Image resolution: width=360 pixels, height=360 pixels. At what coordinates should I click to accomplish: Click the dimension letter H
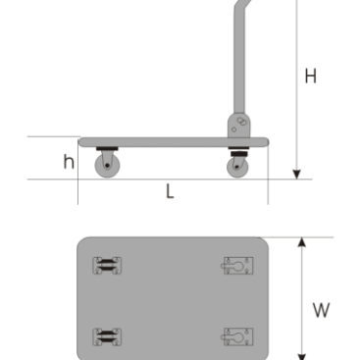pyautogui.click(x=310, y=76)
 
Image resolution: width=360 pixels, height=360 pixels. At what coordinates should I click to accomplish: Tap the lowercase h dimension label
pyautogui.click(x=69, y=162)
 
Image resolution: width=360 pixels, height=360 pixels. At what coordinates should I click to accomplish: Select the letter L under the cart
pyautogui.click(x=170, y=191)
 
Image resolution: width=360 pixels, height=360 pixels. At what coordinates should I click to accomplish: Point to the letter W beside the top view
pyautogui.click(x=321, y=310)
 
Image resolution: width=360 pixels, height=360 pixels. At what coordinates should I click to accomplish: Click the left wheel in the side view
pyautogui.click(x=107, y=166)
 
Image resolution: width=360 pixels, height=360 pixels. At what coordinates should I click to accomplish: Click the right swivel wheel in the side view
pyautogui.click(x=237, y=167)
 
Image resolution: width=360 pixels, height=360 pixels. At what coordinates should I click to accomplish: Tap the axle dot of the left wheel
pyautogui.click(x=107, y=166)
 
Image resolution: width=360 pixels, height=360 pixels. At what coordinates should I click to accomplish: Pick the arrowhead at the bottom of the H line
pyautogui.click(x=296, y=175)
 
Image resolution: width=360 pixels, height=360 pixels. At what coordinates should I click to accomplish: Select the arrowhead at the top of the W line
pyautogui.click(x=302, y=242)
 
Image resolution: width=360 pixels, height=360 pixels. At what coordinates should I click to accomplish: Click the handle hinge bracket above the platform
pyautogui.click(x=239, y=126)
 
